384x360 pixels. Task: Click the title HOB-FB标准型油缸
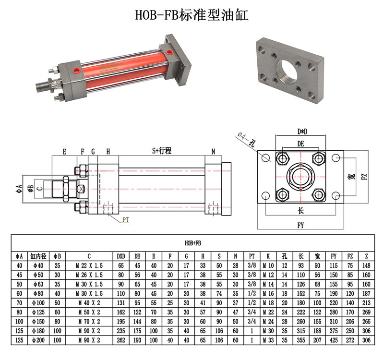click(x=192, y=15)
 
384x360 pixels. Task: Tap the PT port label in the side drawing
click(x=126, y=220)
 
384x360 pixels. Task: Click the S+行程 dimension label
click(x=162, y=150)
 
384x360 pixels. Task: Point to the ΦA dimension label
click(x=19, y=189)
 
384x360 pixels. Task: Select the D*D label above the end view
click(x=302, y=132)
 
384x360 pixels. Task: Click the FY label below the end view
click(x=301, y=225)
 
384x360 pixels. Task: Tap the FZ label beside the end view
click(x=365, y=177)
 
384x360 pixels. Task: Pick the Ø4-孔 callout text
click(x=246, y=139)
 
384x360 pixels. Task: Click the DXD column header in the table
click(x=121, y=256)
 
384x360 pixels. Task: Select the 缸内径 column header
click(x=38, y=256)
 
